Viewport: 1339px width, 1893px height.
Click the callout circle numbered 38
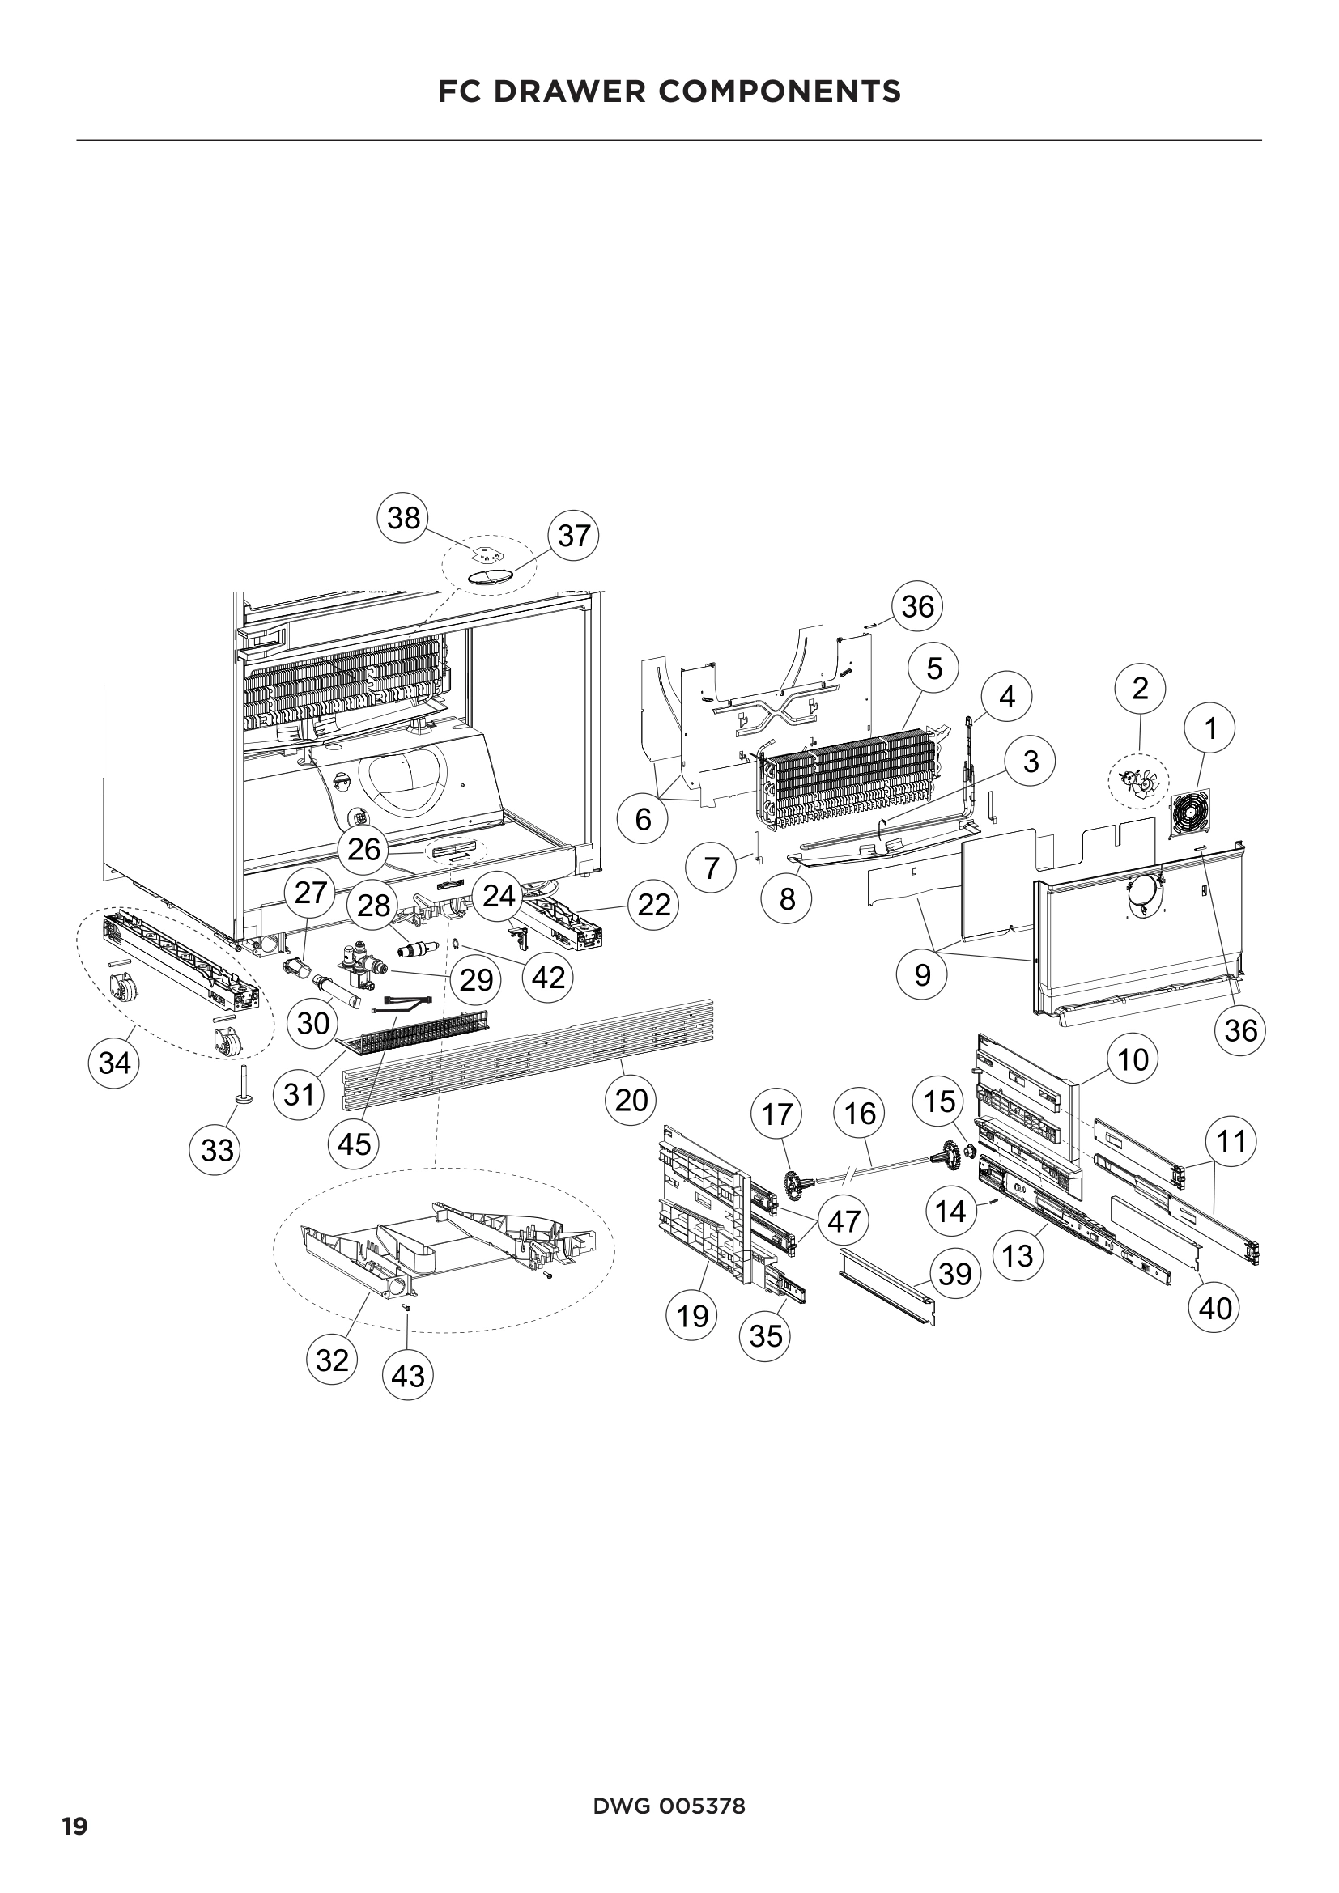[403, 519]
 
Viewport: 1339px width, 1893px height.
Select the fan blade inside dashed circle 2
[1137, 779]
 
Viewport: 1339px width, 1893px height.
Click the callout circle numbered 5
[933, 668]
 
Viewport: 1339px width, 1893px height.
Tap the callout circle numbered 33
[217, 1150]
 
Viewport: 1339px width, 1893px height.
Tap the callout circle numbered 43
[408, 1376]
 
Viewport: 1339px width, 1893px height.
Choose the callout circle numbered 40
[1214, 1309]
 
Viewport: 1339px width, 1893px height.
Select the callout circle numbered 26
[364, 850]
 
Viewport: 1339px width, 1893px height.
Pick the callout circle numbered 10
[1133, 1059]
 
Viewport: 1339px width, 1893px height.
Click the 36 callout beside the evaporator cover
[917, 607]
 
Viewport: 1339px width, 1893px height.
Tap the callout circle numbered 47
[844, 1221]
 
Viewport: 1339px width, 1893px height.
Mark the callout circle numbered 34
[115, 1063]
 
